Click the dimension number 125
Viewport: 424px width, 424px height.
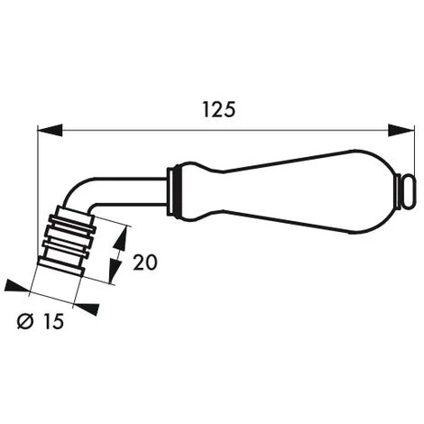point(219,109)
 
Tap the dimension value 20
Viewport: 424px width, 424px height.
point(145,263)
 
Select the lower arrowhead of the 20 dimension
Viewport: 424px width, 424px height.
point(113,275)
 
